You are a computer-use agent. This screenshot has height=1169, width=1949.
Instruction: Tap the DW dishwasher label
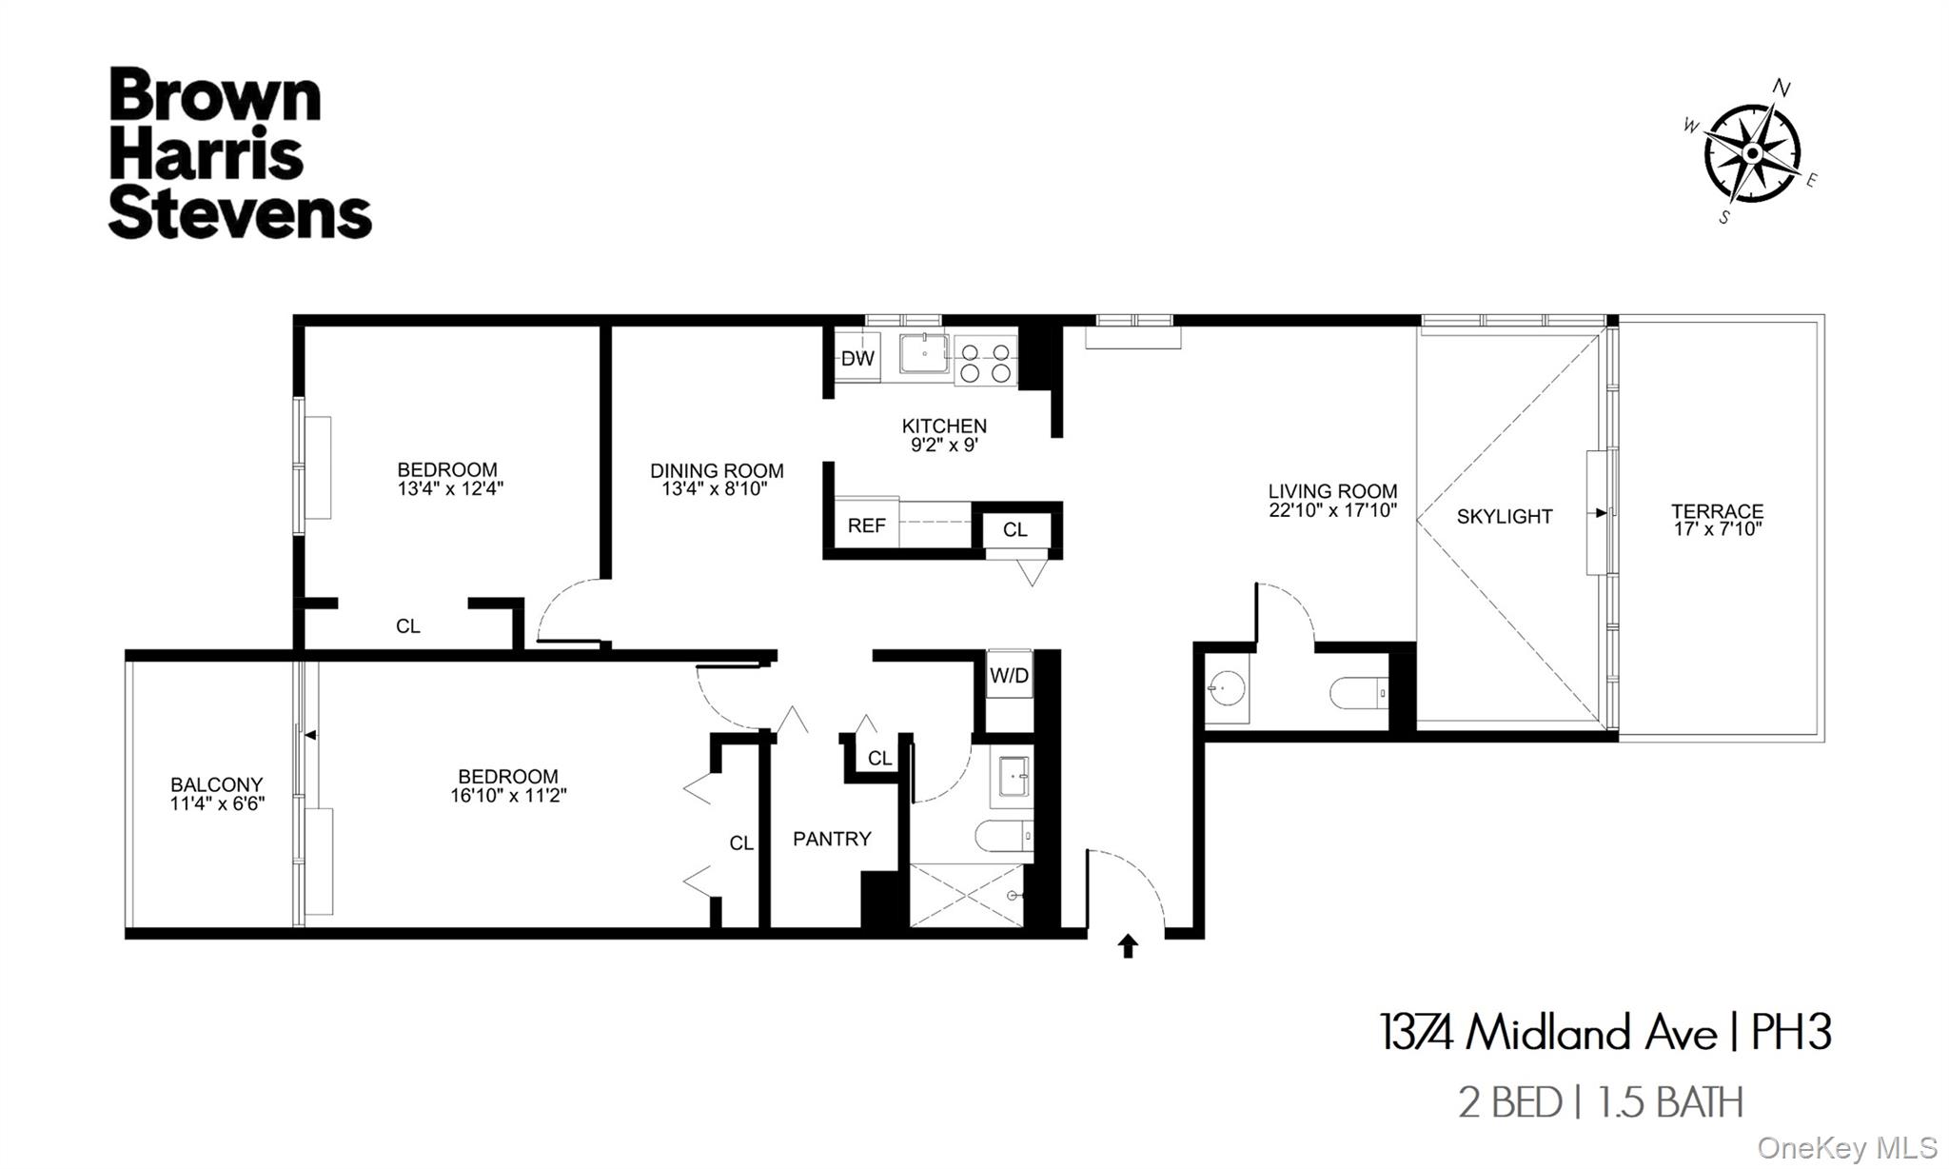point(857,359)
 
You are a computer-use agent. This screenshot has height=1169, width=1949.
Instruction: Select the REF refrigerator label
point(866,525)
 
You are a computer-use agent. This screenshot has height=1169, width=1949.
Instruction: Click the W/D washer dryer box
point(1009,676)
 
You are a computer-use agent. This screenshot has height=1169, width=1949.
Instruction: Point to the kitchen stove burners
point(985,363)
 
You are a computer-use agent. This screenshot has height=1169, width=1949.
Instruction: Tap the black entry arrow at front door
point(1128,945)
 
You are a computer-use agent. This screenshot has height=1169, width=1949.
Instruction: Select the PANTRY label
point(832,839)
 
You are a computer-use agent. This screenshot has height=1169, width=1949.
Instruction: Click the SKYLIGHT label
point(1505,517)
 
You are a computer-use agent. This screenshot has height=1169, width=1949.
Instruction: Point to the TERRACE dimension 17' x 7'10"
point(1718,529)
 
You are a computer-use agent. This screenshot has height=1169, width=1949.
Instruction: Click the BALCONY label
point(217,784)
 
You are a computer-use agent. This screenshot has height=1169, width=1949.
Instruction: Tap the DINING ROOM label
point(717,470)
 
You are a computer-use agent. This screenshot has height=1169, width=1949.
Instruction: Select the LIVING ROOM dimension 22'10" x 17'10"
point(1332,510)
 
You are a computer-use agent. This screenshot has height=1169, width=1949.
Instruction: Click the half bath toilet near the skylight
point(1357,693)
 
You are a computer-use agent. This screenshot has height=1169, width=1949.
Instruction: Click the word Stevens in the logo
point(240,215)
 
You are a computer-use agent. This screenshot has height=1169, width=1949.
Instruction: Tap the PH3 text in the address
point(1791,1032)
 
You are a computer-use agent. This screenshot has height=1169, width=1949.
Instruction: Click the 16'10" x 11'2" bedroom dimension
point(508,796)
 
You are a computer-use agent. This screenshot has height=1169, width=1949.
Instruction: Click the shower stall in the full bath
point(967,895)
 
